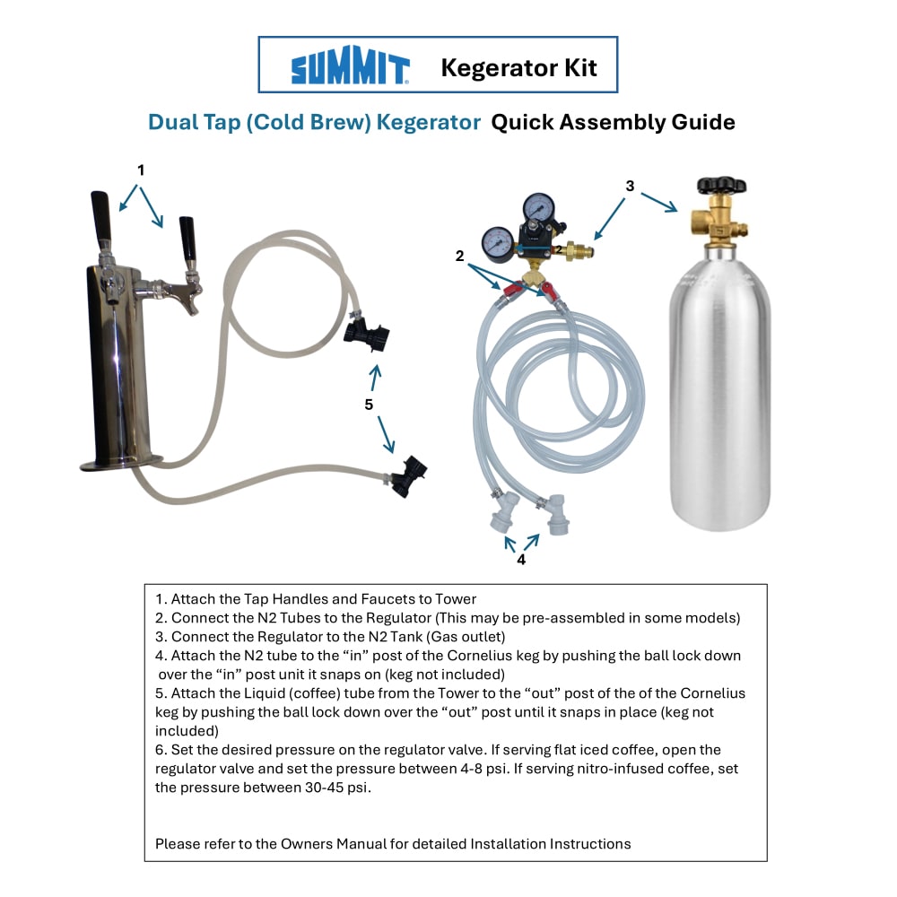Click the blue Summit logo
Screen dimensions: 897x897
tap(350, 65)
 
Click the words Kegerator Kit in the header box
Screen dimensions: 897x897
tap(518, 68)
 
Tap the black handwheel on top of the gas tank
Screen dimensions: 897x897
tap(721, 186)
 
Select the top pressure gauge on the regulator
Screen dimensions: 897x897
tap(538, 207)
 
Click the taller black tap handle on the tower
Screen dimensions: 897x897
tap(100, 213)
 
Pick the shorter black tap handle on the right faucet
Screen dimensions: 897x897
tap(187, 239)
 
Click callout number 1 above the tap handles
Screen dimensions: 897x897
tap(141, 170)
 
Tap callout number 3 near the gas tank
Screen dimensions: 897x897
tap(630, 186)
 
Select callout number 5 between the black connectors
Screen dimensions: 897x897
tap(369, 405)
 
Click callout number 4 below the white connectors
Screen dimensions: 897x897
tap(521, 560)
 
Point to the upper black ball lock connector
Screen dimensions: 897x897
tap(367, 334)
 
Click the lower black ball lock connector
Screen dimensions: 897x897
tap(408, 476)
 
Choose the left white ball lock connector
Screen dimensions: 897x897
tap(504, 512)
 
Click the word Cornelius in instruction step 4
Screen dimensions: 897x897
tap(480, 656)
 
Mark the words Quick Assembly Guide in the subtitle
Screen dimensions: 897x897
tap(614, 122)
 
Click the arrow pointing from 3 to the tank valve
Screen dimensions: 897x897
tap(658, 203)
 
